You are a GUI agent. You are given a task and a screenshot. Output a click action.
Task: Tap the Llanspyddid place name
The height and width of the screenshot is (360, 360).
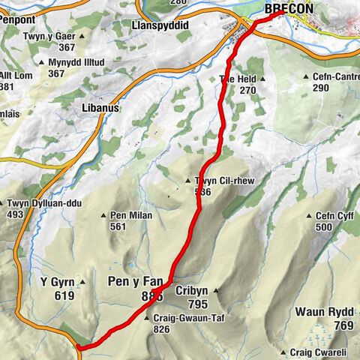[x=159, y=25]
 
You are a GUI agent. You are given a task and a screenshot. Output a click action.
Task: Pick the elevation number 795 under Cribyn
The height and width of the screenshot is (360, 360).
[x=196, y=304]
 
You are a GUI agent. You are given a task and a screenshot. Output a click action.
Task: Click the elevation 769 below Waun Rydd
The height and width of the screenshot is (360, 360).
[x=343, y=325]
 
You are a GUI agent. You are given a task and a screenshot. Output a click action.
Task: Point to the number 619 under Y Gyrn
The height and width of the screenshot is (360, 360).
[x=64, y=295]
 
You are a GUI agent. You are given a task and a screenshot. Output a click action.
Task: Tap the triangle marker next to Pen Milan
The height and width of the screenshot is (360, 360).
[x=103, y=216]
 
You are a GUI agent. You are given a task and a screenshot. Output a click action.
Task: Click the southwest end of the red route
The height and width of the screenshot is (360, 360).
[x=78, y=346]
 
